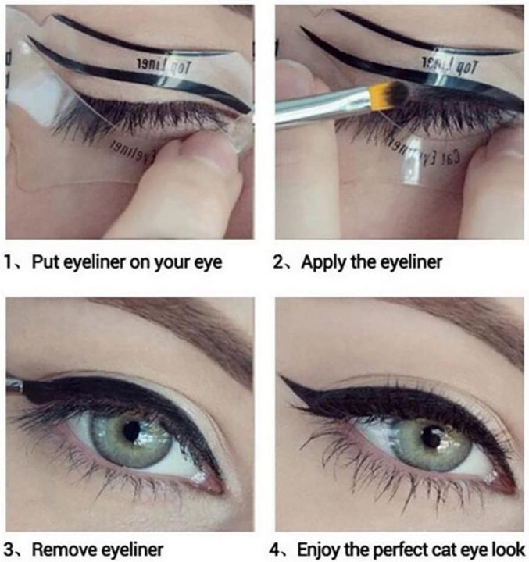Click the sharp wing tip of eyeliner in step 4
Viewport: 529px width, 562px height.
[284, 379]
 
